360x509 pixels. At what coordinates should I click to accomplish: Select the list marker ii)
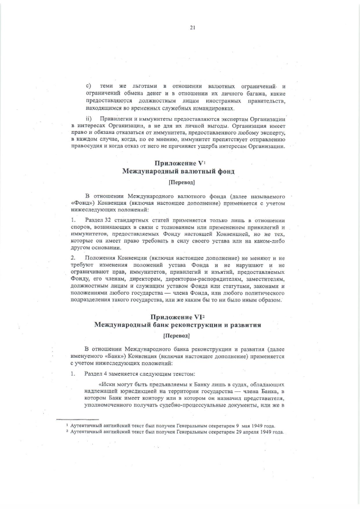88,120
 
